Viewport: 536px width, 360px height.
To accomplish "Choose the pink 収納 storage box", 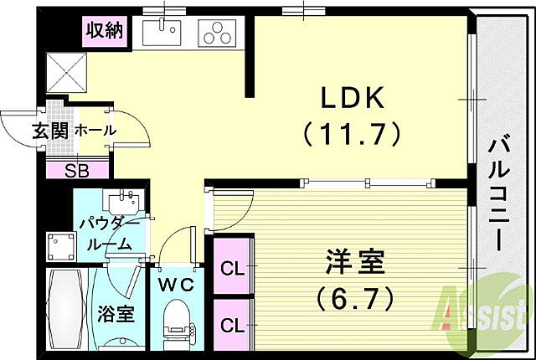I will [x=104, y=32].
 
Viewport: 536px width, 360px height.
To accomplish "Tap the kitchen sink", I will [x=161, y=33].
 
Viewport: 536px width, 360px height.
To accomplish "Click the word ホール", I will [x=95, y=131].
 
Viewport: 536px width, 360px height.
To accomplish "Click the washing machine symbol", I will [x=60, y=245].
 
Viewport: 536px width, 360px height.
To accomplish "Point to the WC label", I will [x=176, y=284].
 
